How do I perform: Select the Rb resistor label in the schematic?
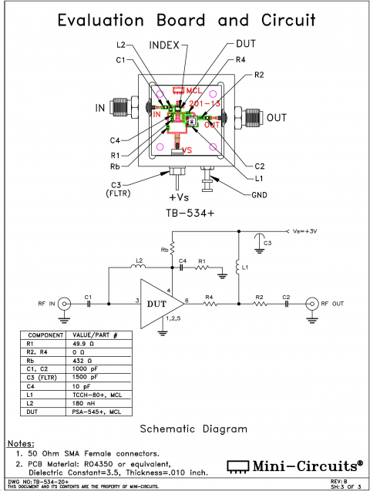pyautogui.click(x=164, y=250)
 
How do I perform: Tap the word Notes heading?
pyautogui.click(x=21, y=446)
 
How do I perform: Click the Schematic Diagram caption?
pyautogui.click(x=185, y=429)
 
